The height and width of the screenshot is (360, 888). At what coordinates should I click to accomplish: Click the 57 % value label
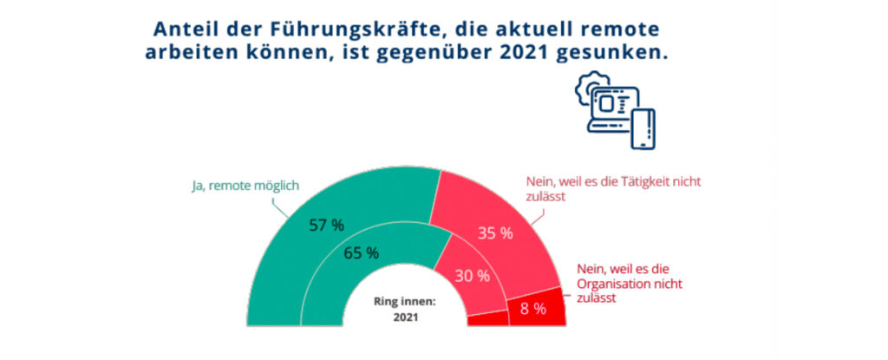click(x=326, y=226)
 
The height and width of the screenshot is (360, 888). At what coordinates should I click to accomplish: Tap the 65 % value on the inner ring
click(x=361, y=253)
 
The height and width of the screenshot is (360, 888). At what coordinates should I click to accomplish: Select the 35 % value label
click(x=495, y=232)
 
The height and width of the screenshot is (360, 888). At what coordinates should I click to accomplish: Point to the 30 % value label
click(x=473, y=276)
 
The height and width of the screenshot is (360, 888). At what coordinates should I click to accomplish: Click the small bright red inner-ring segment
click(x=487, y=319)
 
